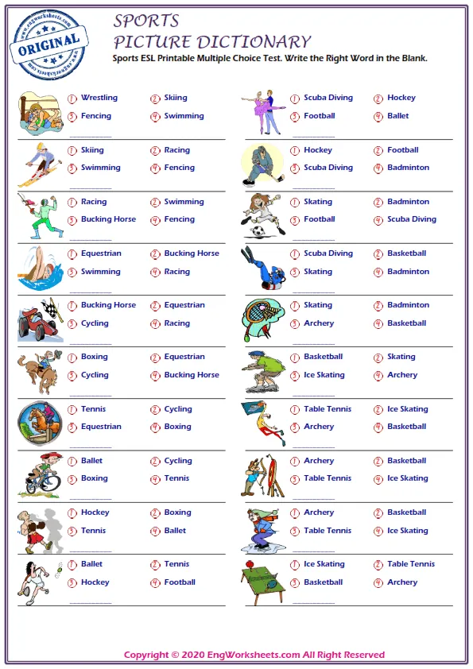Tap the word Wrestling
click(x=99, y=98)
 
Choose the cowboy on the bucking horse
click(x=39, y=372)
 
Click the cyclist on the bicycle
click(x=40, y=476)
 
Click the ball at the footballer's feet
click(x=258, y=232)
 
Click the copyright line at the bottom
click(x=254, y=655)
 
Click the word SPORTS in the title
click(x=146, y=21)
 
